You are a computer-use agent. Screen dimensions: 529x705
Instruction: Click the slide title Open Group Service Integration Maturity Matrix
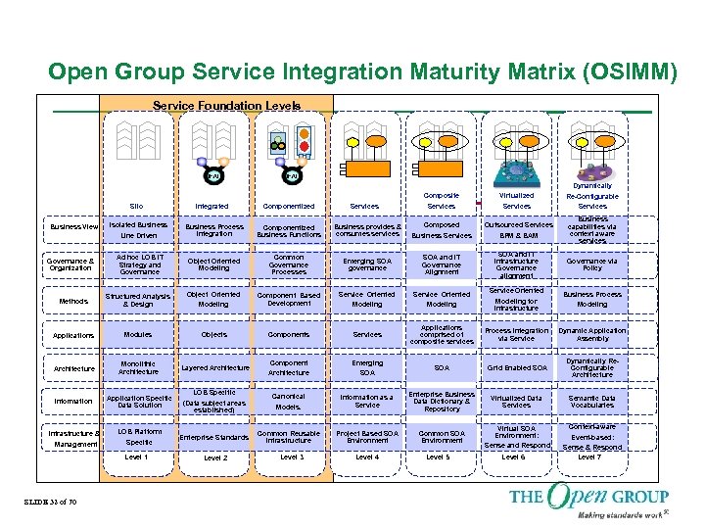(x=361, y=72)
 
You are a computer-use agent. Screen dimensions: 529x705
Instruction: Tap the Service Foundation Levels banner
(x=226, y=105)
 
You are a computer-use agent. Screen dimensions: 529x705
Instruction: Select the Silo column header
(x=138, y=207)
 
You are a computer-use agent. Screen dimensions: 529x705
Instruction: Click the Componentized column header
(x=288, y=207)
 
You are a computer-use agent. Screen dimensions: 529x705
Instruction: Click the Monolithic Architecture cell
(x=137, y=367)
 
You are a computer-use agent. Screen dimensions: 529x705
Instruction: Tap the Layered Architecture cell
(x=215, y=367)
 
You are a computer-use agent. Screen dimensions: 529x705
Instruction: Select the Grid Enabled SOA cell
(x=516, y=367)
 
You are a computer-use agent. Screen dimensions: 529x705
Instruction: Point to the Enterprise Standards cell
(x=215, y=437)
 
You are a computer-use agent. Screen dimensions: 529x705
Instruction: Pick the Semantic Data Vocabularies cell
(x=592, y=400)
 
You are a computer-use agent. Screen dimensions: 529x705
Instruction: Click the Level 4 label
(x=367, y=457)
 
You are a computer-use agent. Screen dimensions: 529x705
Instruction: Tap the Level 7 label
(x=590, y=457)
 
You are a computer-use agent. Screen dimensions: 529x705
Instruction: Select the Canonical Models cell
(x=288, y=402)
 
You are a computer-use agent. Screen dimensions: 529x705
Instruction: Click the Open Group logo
(x=587, y=500)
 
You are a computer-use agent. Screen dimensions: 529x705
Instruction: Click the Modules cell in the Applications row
(x=137, y=335)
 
